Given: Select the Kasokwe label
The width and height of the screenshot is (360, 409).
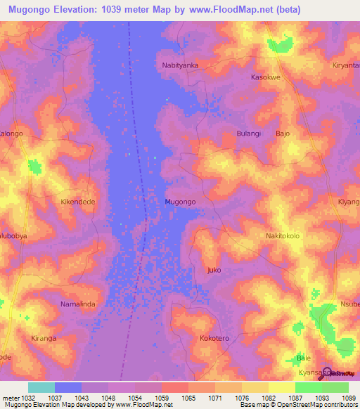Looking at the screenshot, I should [266, 77].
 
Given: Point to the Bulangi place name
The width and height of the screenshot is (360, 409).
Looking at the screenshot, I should [249, 133].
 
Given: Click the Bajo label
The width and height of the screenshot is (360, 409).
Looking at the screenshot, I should [283, 133].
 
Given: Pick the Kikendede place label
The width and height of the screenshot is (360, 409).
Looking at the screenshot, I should [77, 201].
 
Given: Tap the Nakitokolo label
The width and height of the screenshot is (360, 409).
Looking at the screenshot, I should [283, 236].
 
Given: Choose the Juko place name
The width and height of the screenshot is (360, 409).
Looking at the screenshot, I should [215, 270].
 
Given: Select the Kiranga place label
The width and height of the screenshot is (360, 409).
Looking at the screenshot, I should [43, 338].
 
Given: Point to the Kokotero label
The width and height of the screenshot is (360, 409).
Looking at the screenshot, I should [215, 338].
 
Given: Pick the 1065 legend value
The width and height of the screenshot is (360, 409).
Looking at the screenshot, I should [188, 397].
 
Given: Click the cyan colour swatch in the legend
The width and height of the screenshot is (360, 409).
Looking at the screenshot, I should [41, 387].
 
